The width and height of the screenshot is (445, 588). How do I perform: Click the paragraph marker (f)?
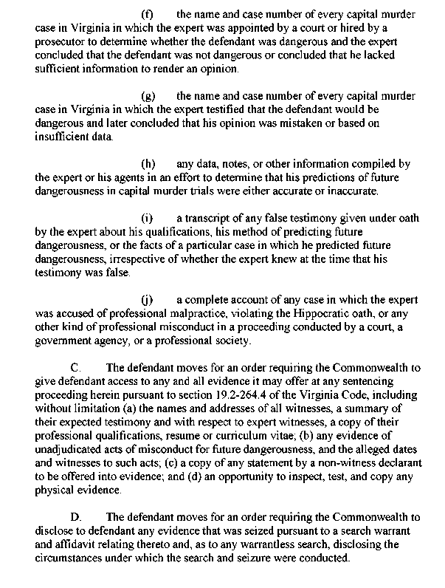147,15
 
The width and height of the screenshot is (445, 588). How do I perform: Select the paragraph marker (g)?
147,97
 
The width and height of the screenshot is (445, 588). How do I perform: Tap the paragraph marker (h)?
147,164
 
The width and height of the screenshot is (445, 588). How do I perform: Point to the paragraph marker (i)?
147,218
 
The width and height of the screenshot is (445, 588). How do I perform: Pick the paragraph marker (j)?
147,299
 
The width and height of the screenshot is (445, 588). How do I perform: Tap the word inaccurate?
351,191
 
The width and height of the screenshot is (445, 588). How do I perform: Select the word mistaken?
290,123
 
